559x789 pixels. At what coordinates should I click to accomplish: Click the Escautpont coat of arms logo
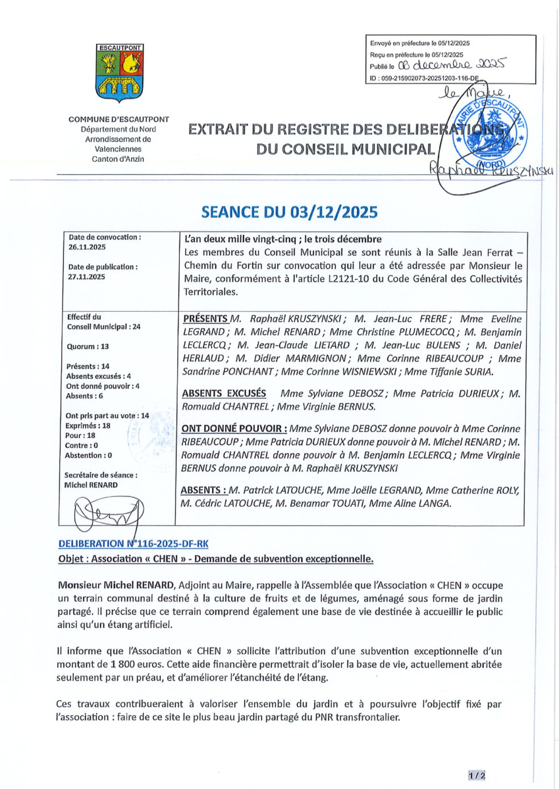[x=119, y=70]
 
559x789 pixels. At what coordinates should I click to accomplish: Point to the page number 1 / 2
[x=477, y=776]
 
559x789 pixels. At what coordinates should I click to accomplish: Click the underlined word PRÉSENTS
[x=205, y=317]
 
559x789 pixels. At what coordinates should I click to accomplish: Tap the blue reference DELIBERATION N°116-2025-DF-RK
[x=136, y=544]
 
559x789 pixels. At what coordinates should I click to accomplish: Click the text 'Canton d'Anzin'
[x=119, y=158]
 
